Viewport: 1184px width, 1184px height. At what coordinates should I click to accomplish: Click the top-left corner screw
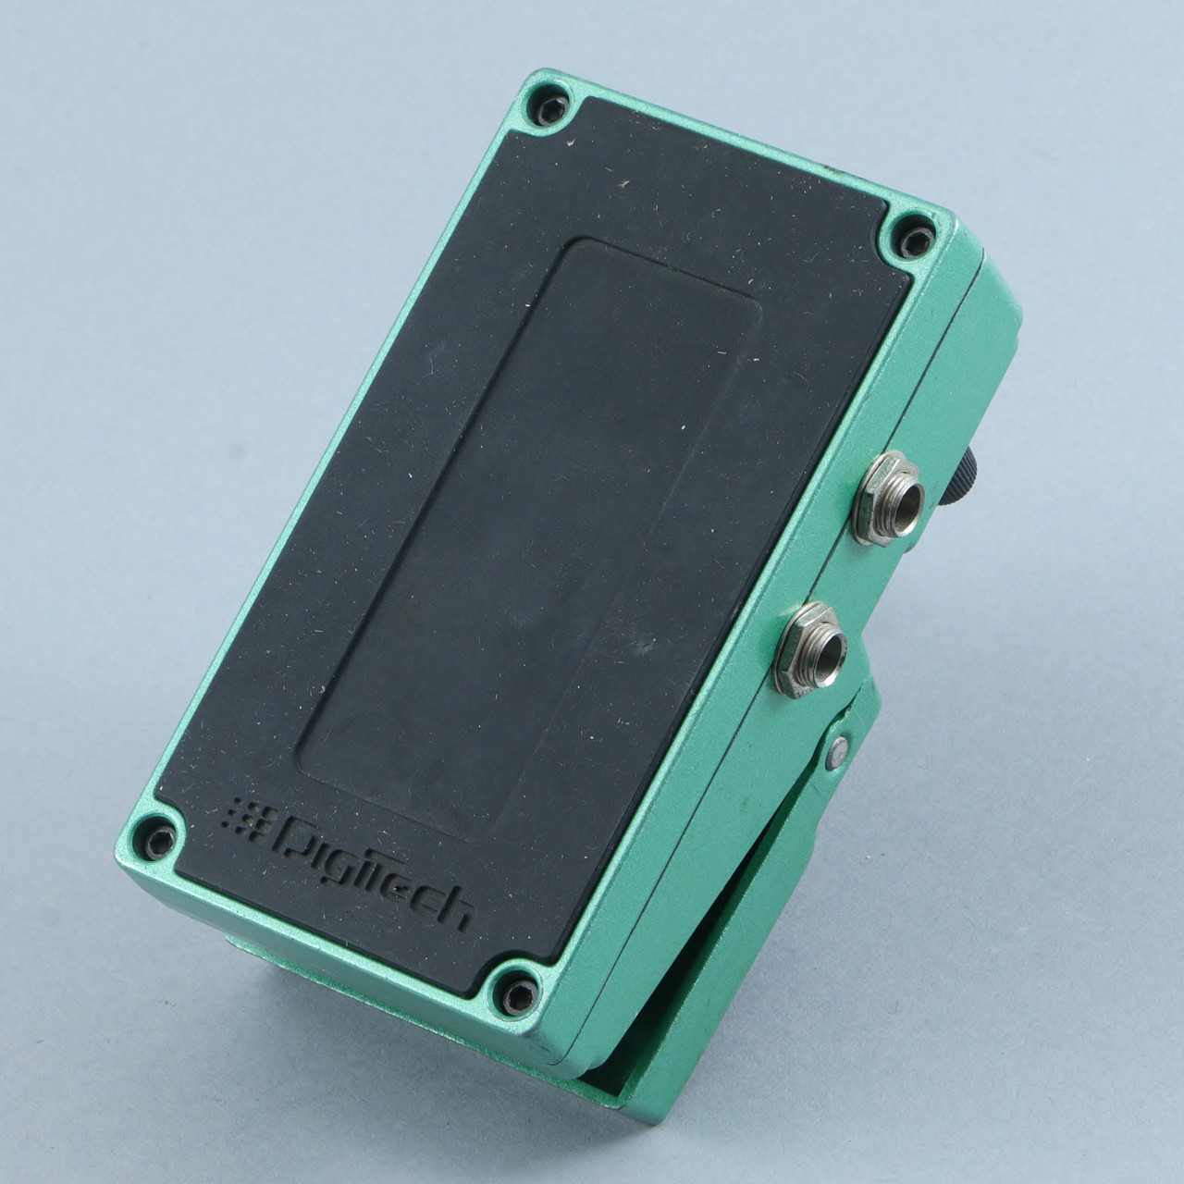pos(549,109)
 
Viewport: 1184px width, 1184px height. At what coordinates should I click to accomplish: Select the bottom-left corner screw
pos(159,837)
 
